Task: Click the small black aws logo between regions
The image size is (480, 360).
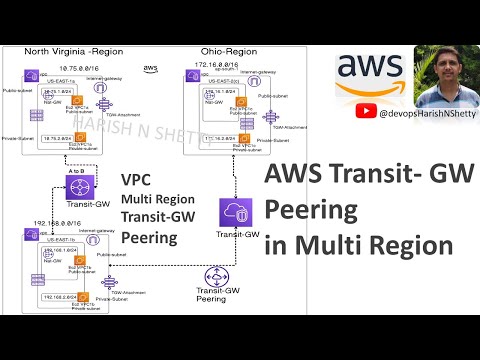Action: point(150,68)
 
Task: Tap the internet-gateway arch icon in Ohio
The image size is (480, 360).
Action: point(256,81)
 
